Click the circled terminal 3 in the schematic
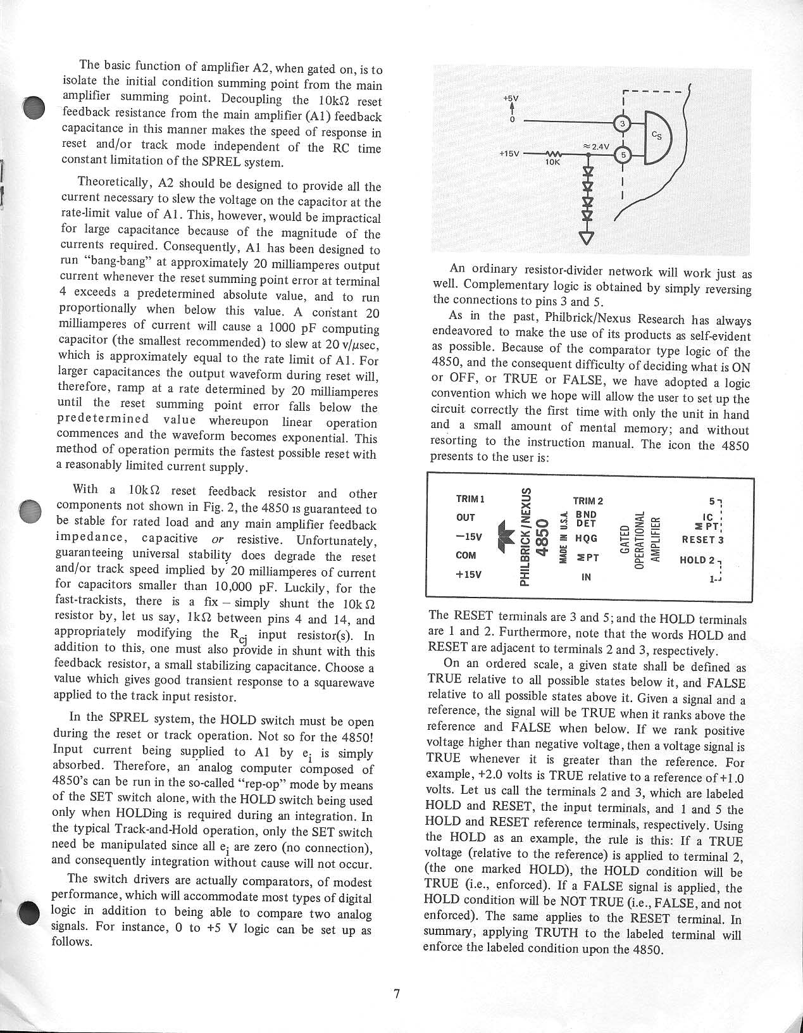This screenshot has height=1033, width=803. click(x=623, y=123)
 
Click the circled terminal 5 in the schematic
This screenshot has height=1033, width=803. click(x=623, y=154)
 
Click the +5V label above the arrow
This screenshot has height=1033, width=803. click(x=510, y=99)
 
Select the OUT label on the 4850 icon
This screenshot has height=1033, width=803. click(x=466, y=518)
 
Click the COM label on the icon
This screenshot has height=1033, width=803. click(x=466, y=556)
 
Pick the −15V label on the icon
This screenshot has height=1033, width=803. click(x=468, y=537)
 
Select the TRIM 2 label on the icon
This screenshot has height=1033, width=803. click(x=588, y=501)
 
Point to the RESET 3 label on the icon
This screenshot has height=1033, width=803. click(x=702, y=540)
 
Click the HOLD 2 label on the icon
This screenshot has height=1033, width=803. click(x=699, y=560)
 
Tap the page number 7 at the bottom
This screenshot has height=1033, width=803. click(x=397, y=994)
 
